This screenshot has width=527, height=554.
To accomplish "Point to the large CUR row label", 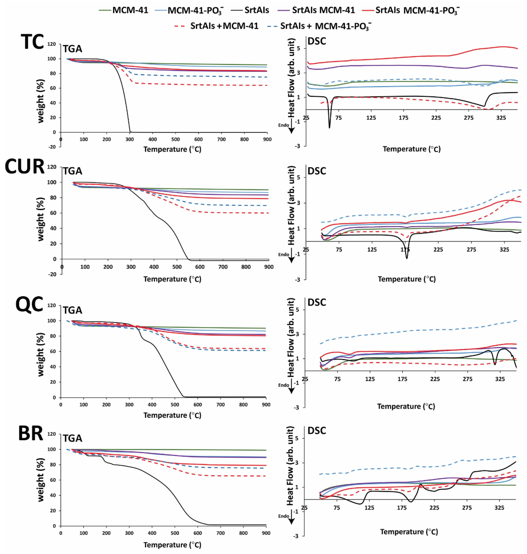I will pyautogui.click(x=25, y=167).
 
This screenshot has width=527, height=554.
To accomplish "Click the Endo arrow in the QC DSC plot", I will pyautogui.click(x=291, y=388).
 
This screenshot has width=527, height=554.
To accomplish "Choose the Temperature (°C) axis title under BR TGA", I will pyautogui.click(x=172, y=545).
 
